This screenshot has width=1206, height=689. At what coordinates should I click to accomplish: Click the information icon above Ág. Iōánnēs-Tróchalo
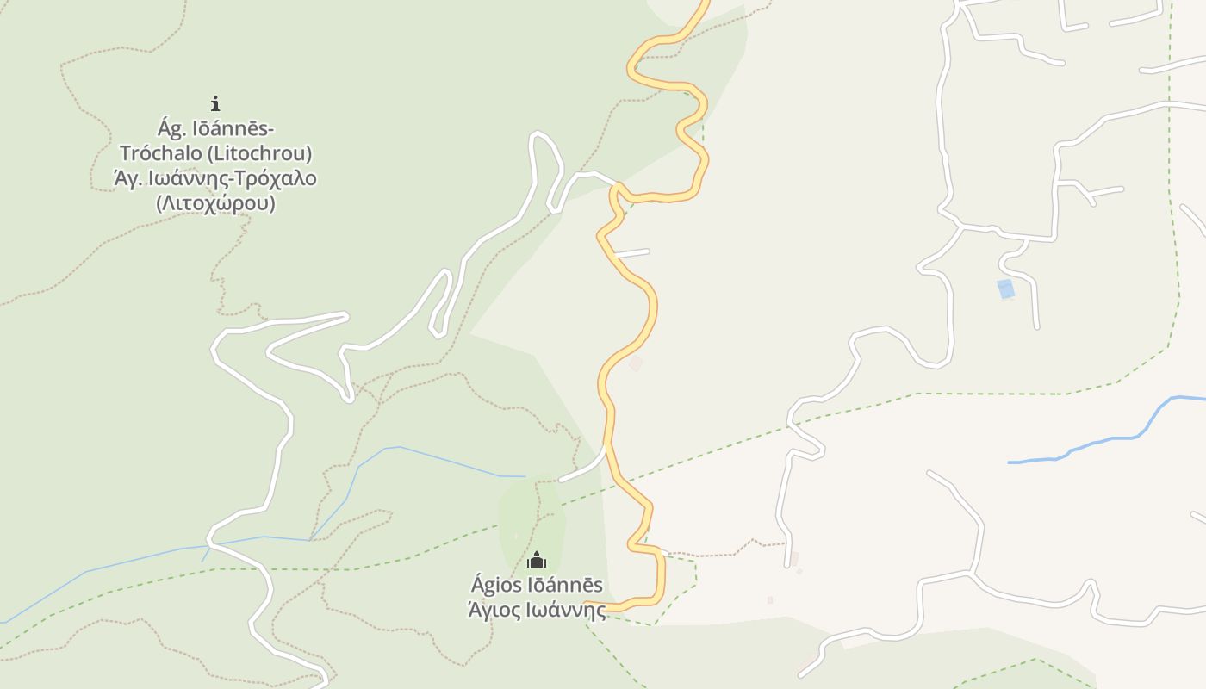[215, 103]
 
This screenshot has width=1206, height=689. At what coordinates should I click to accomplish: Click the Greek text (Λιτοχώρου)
[215, 204]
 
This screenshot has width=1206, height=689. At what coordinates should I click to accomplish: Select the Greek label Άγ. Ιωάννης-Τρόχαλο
[215, 179]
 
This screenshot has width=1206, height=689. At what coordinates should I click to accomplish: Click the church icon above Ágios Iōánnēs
[537, 561]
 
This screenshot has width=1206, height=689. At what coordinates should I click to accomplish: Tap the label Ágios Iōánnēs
[537, 586]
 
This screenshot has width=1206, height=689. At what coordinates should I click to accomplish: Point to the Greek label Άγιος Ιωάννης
[537, 610]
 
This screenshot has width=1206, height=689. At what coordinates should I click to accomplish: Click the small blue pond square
[1005, 289]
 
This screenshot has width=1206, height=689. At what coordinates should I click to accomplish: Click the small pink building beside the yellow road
[636, 364]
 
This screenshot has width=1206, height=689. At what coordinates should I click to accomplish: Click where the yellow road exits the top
[705, 3]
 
